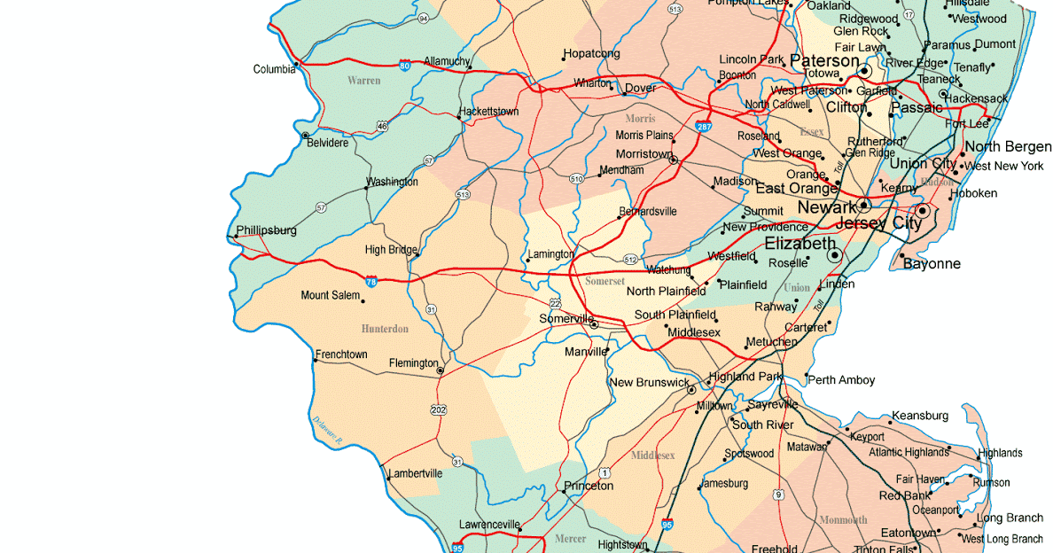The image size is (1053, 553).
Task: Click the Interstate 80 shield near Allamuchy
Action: pos(404,66)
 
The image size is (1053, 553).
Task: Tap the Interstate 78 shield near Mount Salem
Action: pos(371,281)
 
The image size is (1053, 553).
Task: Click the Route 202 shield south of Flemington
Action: pos(439,409)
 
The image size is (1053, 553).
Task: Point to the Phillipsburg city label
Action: pos(266,230)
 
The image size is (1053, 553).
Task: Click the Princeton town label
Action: pos(589,486)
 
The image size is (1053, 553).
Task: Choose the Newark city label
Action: pos(827,207)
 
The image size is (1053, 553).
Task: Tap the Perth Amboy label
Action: pos(841,380)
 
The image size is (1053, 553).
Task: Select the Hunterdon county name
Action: pos(385,329)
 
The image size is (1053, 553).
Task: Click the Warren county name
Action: pos(363,81)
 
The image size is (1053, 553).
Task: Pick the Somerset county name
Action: pos(605,281)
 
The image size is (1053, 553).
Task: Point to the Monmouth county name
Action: pos(843,519)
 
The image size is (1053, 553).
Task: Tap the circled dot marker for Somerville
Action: pos(594,325)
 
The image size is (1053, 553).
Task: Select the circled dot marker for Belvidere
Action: pos(306,136)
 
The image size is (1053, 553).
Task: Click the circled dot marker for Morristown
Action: pos(673,160)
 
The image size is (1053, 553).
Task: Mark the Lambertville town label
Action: pos(415,473)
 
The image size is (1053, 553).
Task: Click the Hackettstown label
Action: pos(488,113)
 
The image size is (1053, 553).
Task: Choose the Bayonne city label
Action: pos(932,264)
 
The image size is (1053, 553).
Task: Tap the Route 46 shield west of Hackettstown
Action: pos(382,127)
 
